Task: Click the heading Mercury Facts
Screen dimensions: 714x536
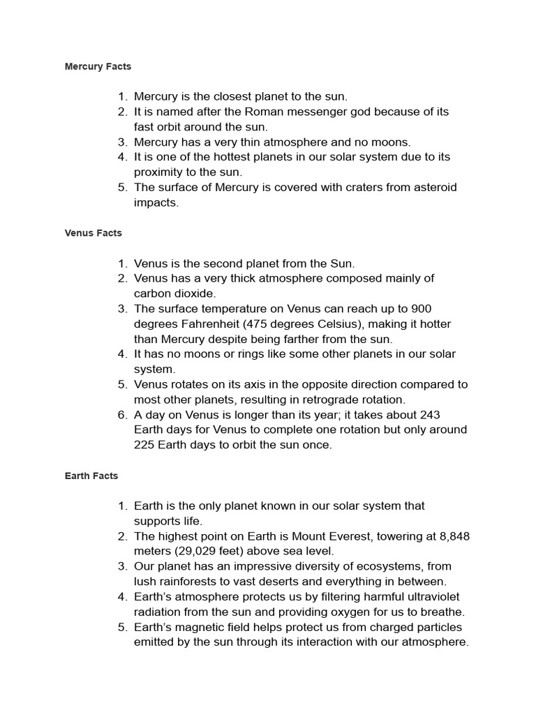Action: pyautogui.click(x=98, y=67)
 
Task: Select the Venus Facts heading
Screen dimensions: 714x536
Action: pyautogui.click(x=93, y=233)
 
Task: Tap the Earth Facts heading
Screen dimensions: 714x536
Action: pyautogui.click(x=91, y=476)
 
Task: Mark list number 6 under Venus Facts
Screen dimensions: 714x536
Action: pyautogui.click(x=121, y=415)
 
